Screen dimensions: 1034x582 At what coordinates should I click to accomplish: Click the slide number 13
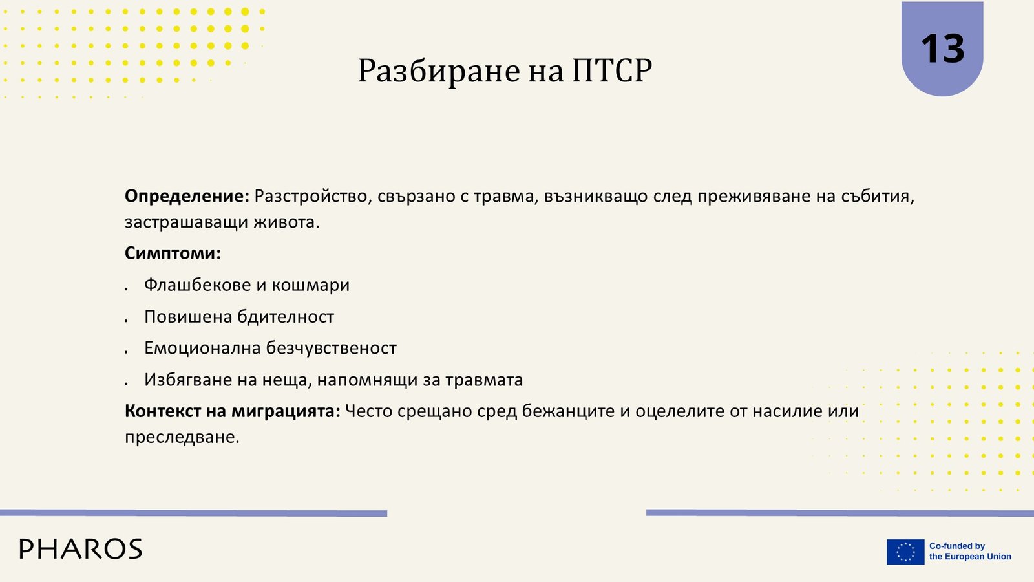(x=942, y=48)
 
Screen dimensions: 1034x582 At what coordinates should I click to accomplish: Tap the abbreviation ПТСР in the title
(x=611, y=70)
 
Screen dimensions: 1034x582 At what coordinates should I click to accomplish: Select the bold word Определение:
(x=187, y=197)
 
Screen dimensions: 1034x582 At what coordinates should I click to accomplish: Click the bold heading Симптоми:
(x=173, y=253)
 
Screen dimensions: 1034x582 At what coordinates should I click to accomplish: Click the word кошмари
(x=311, y=285)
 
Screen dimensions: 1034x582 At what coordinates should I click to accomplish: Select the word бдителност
(x=285, y=316)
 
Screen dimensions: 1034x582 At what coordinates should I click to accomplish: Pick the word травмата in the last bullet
(x=484, y=380)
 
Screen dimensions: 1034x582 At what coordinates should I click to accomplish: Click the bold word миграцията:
(x=286, y=411)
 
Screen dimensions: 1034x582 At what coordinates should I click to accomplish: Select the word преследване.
(x=182, y=437)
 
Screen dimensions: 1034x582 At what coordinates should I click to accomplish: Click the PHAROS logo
(x=81, y=549)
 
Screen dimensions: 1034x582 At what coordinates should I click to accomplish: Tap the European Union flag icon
(x=905, y=552)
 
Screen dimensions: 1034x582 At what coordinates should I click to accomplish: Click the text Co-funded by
(x=957, y=546)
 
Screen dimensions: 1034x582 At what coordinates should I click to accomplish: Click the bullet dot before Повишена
(x=126, y=320)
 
